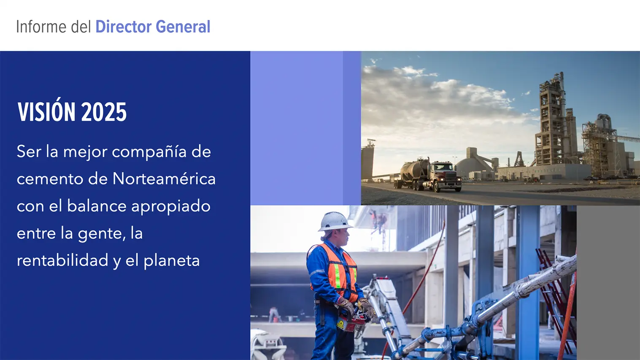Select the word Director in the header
tap(124, 27)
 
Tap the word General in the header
tap(183, 27)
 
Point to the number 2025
tap(104, 112)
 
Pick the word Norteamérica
tap(164, 179)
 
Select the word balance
tap(97, 206)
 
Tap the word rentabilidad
tap(62, 260)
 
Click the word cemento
tap(50, 179)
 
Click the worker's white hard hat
tap(335, 222)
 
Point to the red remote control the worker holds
tap(351, 323)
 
